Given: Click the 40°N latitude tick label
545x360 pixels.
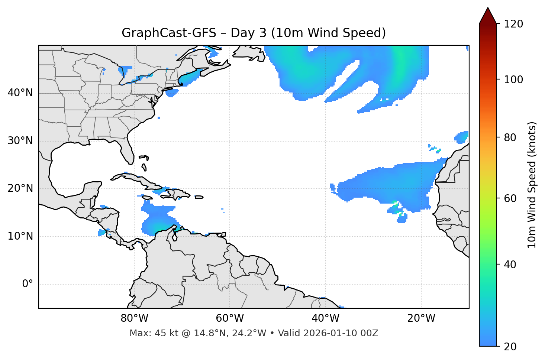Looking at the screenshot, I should point(20,93).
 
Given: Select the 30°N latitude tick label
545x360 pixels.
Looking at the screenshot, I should point(20,141).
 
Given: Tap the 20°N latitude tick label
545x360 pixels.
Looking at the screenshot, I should point(20,188).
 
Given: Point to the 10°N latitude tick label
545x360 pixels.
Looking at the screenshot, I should point(20,236).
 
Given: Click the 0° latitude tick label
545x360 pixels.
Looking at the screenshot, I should point(28,284).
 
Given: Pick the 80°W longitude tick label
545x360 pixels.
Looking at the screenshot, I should point(134,318).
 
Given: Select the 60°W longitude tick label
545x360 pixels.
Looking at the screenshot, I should point(230,318).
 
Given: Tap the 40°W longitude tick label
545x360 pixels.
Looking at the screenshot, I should point(325,318).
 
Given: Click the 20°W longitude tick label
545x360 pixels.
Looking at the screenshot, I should point(421,318).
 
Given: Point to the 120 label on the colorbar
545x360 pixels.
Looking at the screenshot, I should point(513,24).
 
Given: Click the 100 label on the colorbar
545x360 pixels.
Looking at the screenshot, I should point(513,80).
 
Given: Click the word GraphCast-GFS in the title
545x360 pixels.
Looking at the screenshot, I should point(169,33).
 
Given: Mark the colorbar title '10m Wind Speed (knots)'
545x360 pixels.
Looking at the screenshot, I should point(532,185).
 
